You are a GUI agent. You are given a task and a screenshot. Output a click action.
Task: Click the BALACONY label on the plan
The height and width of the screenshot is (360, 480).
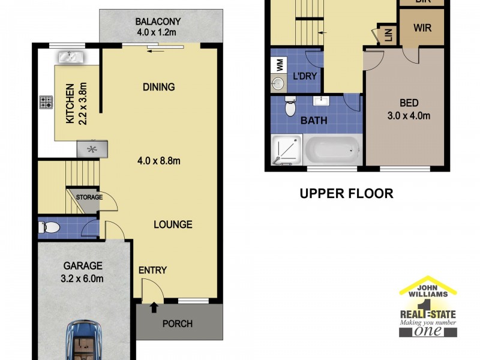tap(158, 22)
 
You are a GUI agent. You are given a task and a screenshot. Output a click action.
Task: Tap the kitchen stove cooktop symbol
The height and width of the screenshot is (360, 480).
tap(46, 102)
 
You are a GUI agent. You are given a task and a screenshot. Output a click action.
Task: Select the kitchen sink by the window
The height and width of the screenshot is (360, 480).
tap(71, 58)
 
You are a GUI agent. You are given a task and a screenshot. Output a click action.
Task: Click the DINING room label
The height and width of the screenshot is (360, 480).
tap(159, 87)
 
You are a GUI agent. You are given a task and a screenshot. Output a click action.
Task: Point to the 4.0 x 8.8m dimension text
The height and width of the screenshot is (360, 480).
tap(159, 160)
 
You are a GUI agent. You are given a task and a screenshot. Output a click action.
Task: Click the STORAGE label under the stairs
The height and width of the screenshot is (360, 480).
tap(89, 197)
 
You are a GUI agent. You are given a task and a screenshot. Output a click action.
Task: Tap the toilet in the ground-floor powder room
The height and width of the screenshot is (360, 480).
tap(49, 227)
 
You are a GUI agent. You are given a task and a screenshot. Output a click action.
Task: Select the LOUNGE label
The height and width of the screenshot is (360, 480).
tap(173, 224)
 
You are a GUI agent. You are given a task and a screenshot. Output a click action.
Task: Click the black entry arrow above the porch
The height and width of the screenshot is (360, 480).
tap(154, 308)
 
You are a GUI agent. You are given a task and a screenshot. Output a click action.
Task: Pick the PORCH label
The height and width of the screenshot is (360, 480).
tap(178, 323)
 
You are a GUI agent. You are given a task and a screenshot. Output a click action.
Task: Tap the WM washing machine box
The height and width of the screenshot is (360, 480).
tap(279, 65)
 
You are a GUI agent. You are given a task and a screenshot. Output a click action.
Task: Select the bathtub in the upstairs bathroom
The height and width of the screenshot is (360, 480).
tap(333, 149)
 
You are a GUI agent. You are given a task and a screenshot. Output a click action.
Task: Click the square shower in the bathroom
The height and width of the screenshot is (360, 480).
tap(287, 150)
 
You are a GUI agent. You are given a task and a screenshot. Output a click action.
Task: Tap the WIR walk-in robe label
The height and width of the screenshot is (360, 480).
tap(422, 28)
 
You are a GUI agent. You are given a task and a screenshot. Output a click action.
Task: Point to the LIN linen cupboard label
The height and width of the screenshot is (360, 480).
tap(388, 35)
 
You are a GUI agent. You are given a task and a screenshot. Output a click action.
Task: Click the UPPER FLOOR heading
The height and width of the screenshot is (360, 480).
tap(347, 193)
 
